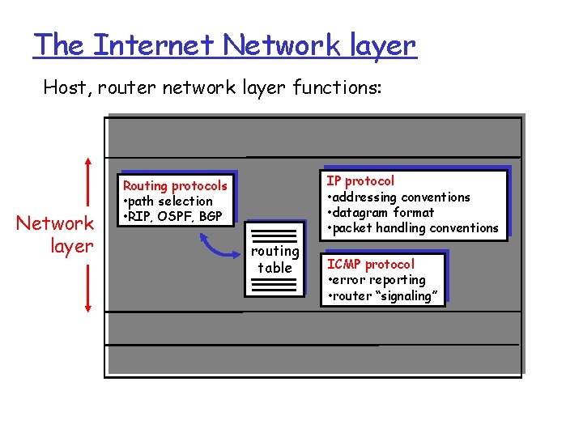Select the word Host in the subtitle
66,87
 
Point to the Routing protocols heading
175,186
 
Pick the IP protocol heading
360,181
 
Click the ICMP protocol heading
370,265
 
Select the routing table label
275,259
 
